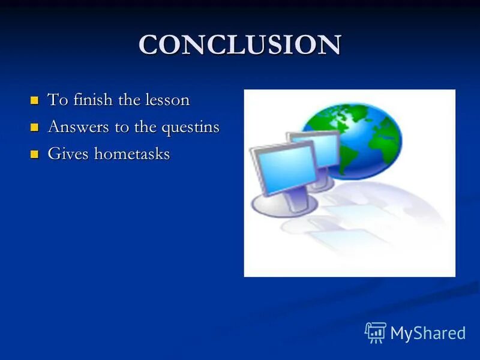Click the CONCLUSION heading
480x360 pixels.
pyautogui.click(x=239, y=45)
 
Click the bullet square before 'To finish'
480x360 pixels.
pyautogui.click(x=34, y=100)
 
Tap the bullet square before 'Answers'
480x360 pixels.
pyautogui.click(x=34, y=127)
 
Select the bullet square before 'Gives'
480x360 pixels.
pyautogui.click(x=34, y=154)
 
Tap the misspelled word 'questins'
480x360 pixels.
pyautogui.click(x=191, y=128)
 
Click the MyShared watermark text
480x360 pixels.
pyautogui.click(x=428, y=333)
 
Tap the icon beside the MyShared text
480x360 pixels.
pyautogui.click(x=376, y=332)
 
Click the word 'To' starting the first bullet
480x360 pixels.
pyautogui.click(x=58, y=100)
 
